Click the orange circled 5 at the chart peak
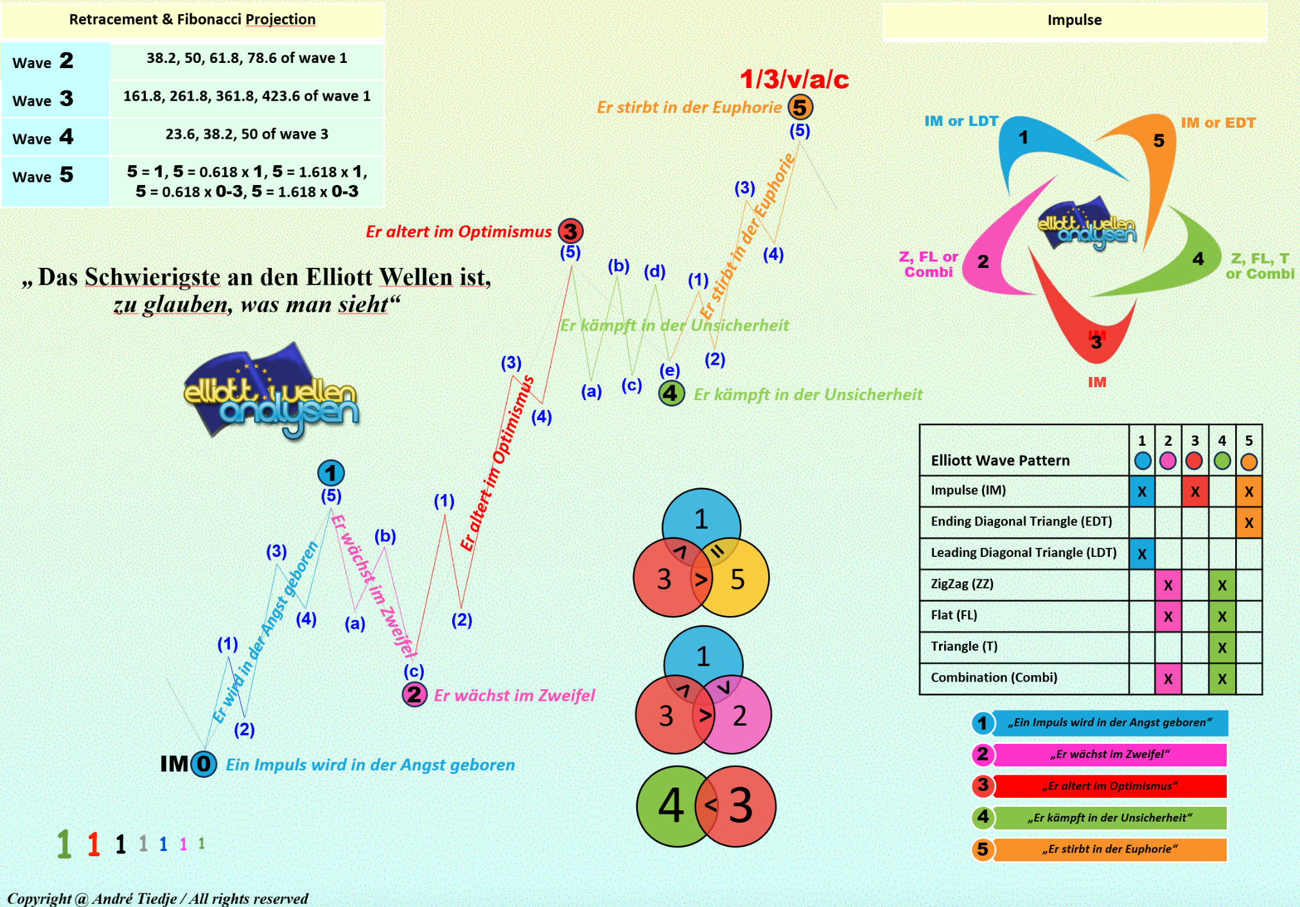coord(800,107)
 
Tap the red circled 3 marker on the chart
coord(570,231)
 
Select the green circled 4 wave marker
coord(671,393)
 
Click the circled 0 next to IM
coord(204,764)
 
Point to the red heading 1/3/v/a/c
coord(794,80)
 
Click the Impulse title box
coord(1074,21)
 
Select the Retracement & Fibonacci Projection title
coord(192,19)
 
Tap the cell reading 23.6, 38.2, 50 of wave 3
coord(247,134)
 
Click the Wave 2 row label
coord(43,62)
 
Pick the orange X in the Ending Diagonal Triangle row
coord(1248,522)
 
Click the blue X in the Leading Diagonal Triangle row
coord(1141,554)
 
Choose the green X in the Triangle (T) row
coord(1222,647)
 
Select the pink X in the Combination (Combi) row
coord(1168,678)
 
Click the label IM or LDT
coord(961,121)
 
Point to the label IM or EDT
coord(1218,123)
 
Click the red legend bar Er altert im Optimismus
coord(1109,786)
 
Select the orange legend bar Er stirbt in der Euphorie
coord(1109,849)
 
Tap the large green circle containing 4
coord(668,806)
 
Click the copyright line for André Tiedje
coord(157,898)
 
